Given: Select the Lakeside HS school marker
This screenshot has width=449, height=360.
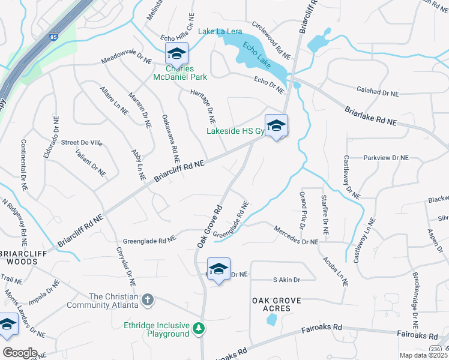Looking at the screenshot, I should (x=276, y=126).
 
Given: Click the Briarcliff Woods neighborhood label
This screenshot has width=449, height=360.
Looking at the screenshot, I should (x=28, y=257).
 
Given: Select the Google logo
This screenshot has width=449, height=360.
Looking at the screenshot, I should (x=19, y=353).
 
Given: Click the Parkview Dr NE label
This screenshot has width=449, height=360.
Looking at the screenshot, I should (x=385, y=157).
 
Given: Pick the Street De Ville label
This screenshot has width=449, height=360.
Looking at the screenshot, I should (x=82, y=143).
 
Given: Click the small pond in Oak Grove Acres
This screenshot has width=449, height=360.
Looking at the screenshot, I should (x=271, y=319).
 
